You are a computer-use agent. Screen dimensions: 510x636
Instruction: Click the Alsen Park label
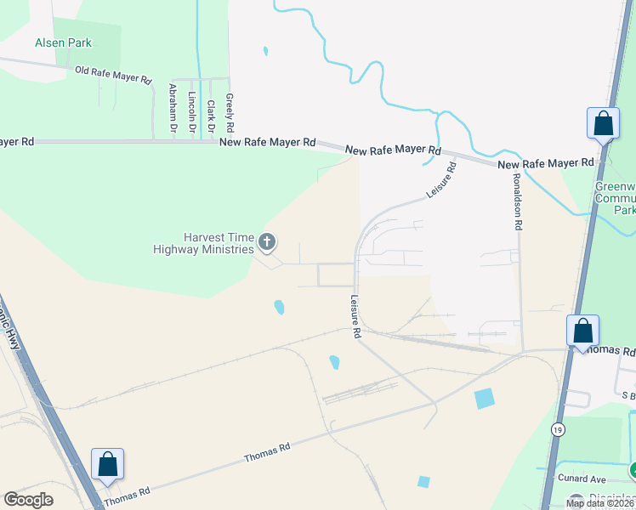pyautogui.click(x=63, y=42)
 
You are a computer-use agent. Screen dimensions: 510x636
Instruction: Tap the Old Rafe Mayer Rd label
pyautogui.click(x=112, y=75)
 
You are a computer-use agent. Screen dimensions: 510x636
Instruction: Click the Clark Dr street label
pyautogui.click(x=210, y=114)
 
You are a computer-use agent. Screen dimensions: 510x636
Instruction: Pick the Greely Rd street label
pyautogui.click(x=230, y=110)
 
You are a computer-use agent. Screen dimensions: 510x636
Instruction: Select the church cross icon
pyautogui.click(x=267, y=243)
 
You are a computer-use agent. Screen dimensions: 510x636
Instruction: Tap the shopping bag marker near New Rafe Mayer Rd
pyautogui.click(x=603, y=123)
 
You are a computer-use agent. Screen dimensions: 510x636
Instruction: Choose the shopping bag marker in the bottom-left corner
pyautogui.click(x=108, y=465)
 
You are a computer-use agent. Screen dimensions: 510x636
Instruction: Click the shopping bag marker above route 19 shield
pyautogui.click(x=583, y=331)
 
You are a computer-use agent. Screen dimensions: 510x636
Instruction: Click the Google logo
pyautogui.click(x=28, y=500)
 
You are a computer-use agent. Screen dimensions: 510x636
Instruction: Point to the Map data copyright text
pyautogui.click(x=599, y=503)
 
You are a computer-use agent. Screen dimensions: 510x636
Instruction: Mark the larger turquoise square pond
pyautogui.click(x=484, y=398)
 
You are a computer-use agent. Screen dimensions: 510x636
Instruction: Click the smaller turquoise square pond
pyautogui.click(x=423, y=482)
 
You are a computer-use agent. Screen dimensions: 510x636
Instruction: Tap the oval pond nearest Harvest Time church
pyautogui.click(x=279, y=307)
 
